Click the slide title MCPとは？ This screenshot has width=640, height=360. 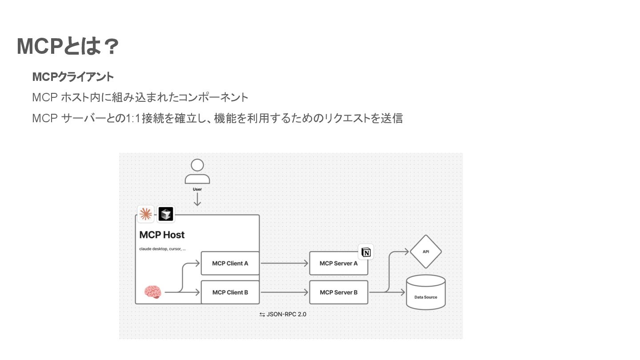point(68,47)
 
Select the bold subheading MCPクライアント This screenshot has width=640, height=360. point(73,77)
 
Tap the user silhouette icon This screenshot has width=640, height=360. point(197,172)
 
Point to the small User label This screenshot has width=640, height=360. point(197,189)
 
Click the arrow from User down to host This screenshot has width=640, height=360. point(197,200)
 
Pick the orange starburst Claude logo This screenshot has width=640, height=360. point(145,214)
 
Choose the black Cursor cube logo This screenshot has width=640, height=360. point(166,214)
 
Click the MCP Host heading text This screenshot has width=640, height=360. point(162,235)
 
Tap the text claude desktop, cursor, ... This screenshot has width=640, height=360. point(162,249)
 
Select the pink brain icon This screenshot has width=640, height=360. point(153,292)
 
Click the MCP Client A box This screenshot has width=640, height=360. point(230,263)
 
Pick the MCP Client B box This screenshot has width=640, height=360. point(230,292)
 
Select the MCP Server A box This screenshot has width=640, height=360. point(339,263)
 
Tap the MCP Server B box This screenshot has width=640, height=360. point(339,292)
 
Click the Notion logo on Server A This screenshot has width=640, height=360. point(366,252)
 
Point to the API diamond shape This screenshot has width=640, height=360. point(426,252)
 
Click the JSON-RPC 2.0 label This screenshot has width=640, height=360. point(283,314)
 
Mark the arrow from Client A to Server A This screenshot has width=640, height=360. point(284,263)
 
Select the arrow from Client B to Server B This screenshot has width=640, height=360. point(284,292)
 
